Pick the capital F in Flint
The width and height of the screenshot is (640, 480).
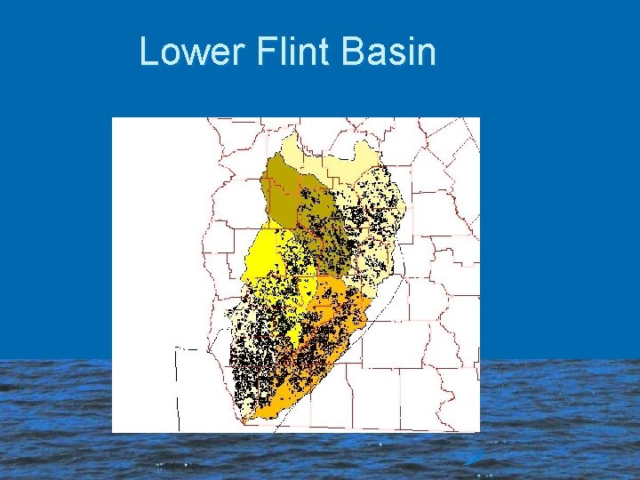(264, 52)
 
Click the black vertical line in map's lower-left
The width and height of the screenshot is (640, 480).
(176, 391)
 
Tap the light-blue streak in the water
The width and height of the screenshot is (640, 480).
(473, 458)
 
